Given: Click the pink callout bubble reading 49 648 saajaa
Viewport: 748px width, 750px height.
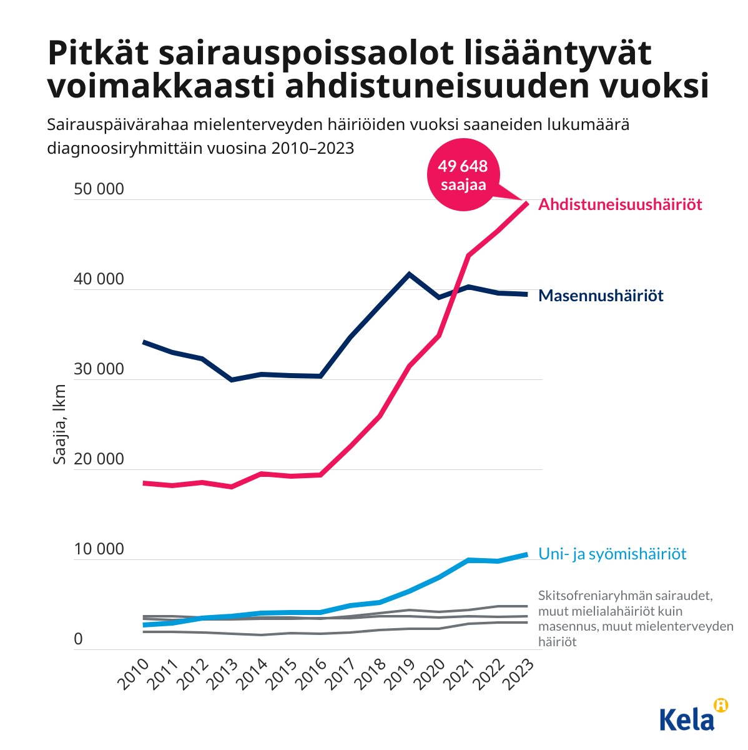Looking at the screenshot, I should click(x=463, y=175).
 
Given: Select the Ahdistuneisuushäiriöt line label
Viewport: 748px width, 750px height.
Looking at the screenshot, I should click(x=620, y=204).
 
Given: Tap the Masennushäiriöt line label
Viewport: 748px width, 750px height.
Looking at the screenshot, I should click(x=601, y=295).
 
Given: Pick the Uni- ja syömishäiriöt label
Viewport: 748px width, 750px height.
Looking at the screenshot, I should click(x=612, y=554).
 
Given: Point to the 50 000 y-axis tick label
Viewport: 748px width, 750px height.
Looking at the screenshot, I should click(x=99, y=189).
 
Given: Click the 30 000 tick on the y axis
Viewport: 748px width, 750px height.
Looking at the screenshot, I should click(x=99, y=369).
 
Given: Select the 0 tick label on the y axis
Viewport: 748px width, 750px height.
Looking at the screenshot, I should click(x=78, y=639).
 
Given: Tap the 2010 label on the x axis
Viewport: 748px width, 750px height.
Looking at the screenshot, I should click(x=134, y=676).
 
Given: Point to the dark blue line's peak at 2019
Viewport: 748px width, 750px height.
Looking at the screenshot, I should click(x=409, y=274).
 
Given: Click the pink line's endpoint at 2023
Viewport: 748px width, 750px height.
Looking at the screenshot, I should click(x=528, y=203).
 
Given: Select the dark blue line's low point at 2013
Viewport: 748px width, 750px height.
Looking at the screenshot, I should click(x=232, y=380).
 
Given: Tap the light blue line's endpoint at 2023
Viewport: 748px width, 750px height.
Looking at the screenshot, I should click(x=528, y=554).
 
